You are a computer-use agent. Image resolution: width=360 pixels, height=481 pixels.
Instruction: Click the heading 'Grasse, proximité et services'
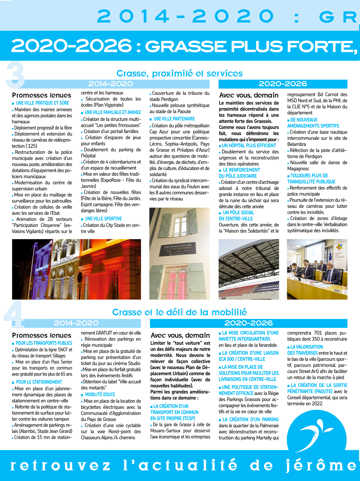tap(179, 73)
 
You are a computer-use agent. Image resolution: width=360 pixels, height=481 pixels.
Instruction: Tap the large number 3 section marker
tap(15, 75)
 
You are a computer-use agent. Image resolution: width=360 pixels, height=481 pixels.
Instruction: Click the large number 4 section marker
tap(14, 315)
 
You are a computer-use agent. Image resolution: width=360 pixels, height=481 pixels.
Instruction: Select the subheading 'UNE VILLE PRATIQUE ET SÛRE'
tap(42, 103)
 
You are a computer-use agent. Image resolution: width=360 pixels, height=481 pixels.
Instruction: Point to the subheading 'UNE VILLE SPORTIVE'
tap(103, 219)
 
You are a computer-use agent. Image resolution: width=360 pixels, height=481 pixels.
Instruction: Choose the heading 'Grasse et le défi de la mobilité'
tap(179, 312)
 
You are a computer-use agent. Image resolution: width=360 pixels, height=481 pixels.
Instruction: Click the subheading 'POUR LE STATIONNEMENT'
tap(39, 382)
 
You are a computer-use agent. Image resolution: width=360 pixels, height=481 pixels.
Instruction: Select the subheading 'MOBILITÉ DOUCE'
tap(100, 395)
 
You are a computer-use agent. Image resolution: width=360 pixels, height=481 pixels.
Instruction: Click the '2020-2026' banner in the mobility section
tap(248, 323)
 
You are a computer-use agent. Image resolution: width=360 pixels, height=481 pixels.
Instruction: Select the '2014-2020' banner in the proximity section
tap(110, 84)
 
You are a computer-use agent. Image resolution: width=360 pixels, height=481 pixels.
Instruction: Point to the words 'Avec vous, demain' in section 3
tap(249, 95)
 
